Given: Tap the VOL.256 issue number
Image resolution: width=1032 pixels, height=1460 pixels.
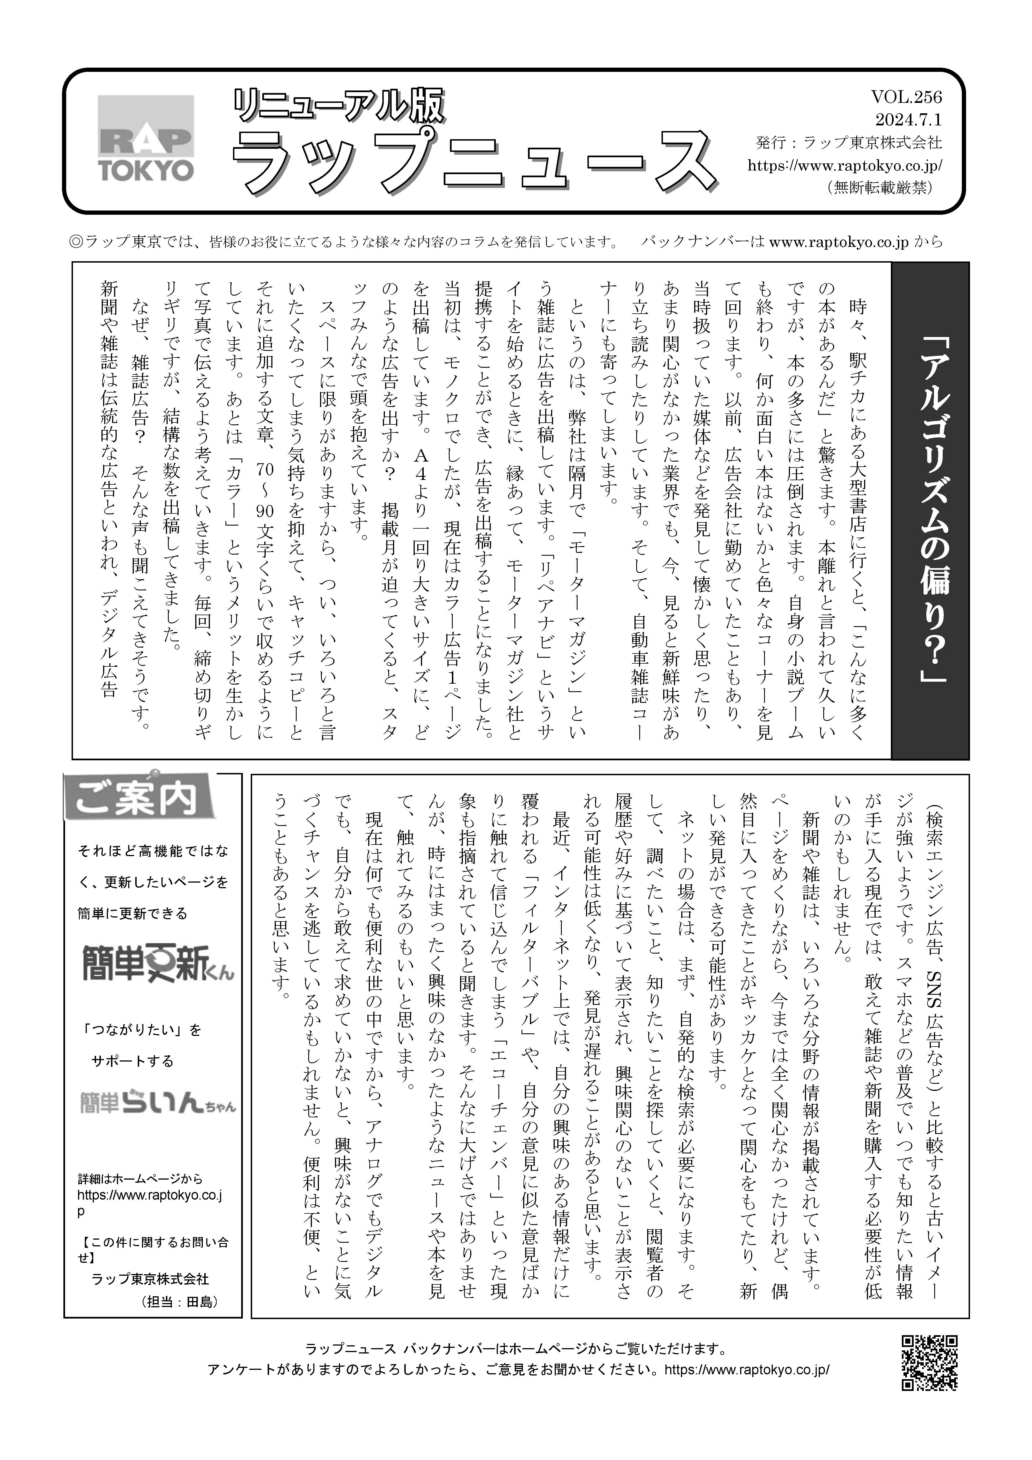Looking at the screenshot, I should click(906, 97).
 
